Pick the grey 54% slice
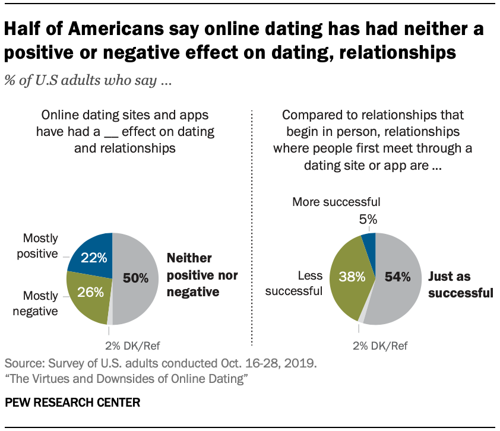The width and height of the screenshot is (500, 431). (x=398, y=279)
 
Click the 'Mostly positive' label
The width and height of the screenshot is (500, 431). (x=40, y=246)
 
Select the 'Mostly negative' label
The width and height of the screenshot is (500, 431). (x=40, y=303)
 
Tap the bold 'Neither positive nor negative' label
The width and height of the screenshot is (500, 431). (x=202, y=275)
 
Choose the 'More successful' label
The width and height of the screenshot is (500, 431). (x=336, y=202)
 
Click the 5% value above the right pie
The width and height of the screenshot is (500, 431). (x=368, y=219)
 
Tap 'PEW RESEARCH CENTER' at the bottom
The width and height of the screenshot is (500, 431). (x=72, y=403)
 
